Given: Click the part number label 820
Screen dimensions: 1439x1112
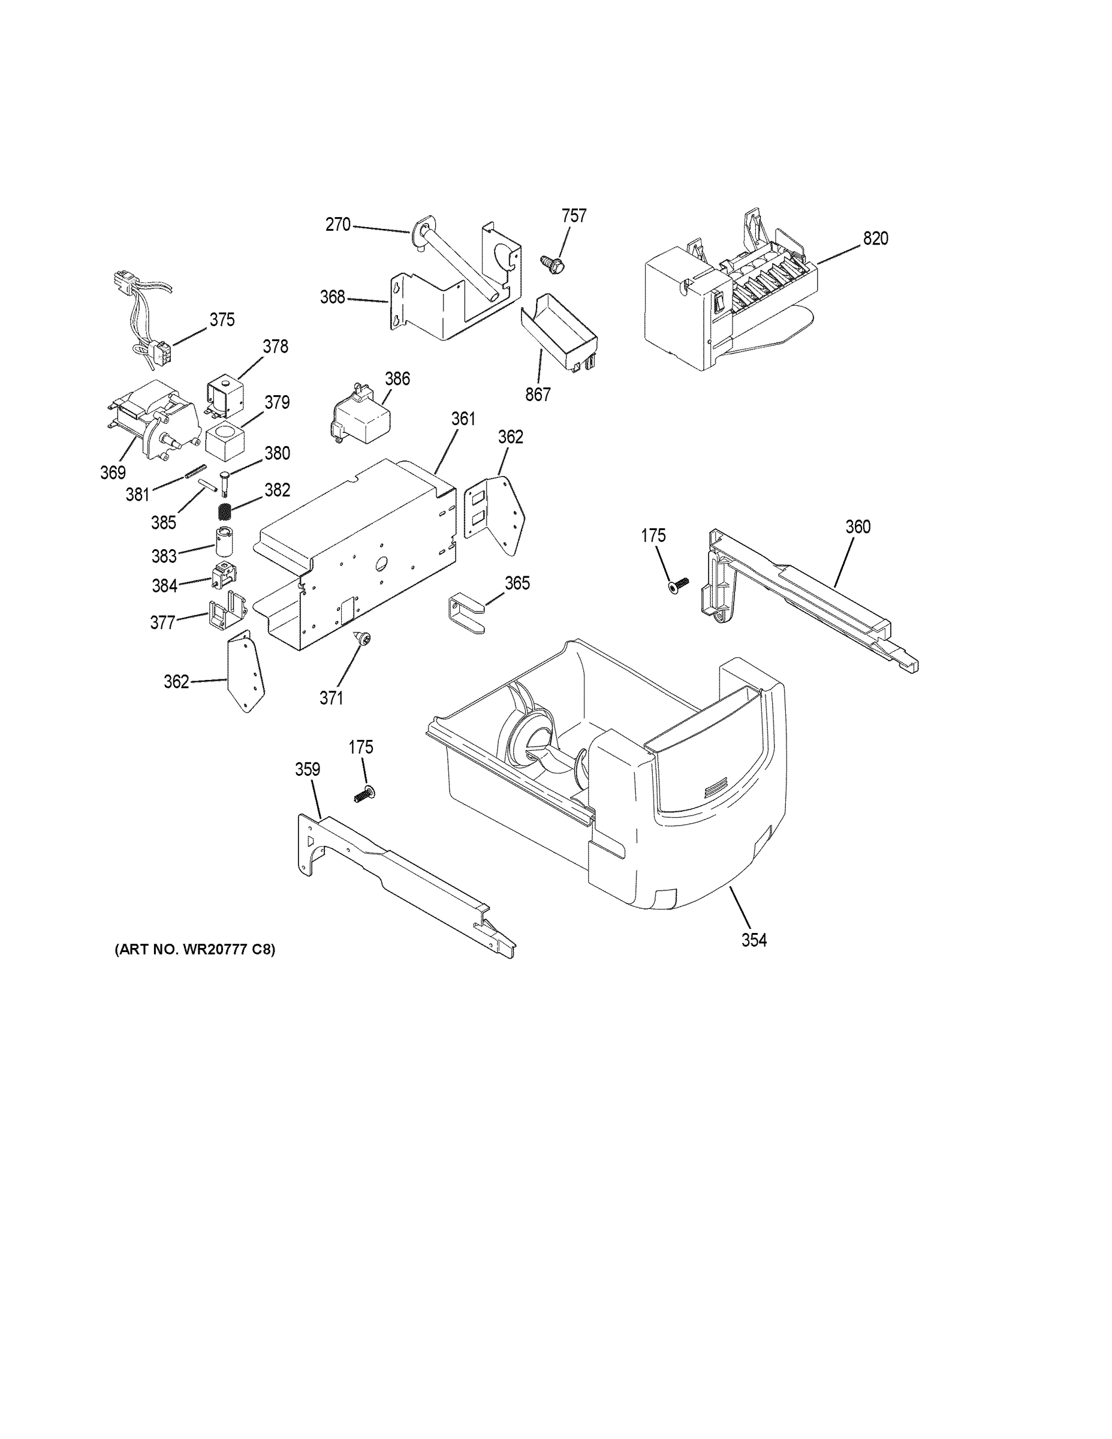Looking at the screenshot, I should (875, 239).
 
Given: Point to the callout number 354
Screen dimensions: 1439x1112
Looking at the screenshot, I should (754, 940).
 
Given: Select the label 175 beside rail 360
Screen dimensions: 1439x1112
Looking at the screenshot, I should (653, 535).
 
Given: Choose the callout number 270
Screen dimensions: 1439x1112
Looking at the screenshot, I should (338, 225).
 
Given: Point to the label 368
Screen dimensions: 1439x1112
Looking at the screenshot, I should (333, 297).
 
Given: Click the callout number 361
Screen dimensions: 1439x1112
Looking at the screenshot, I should (463, 419).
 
